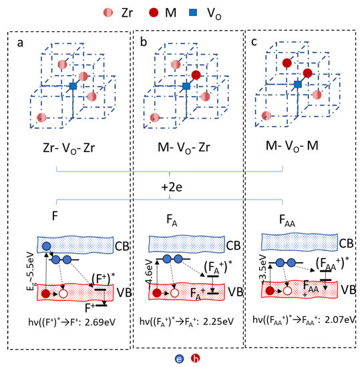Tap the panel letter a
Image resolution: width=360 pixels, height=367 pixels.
21,43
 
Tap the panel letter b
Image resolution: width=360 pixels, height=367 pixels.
143,43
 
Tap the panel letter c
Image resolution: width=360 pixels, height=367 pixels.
252,43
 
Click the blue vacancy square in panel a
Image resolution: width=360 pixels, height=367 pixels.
73,87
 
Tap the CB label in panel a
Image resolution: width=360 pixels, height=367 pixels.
120,244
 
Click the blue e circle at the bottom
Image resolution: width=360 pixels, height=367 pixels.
171,358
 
